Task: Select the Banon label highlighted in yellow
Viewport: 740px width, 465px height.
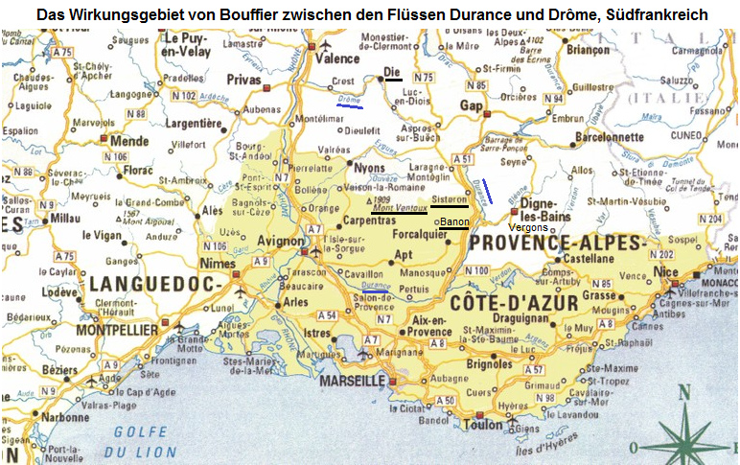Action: tap(453, 222)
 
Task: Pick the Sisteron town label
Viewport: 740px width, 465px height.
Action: tap(449, 199)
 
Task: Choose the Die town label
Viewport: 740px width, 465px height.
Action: tap(390, 73)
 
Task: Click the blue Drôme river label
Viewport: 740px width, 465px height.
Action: tap(349, 100)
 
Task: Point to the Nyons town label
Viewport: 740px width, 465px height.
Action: tap(369, 167)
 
